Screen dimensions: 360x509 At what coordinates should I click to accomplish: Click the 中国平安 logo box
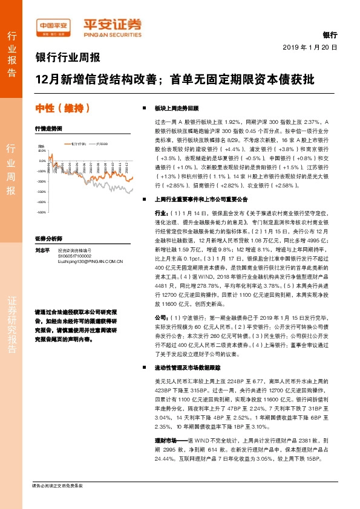pos(53,25)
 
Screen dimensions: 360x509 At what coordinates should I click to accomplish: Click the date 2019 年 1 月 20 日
pos(310,47)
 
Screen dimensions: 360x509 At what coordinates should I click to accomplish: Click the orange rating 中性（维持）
pos(63,109)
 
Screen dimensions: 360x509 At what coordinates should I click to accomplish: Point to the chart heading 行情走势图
pos(48,129)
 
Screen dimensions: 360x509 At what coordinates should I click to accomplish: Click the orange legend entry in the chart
pos(75,144)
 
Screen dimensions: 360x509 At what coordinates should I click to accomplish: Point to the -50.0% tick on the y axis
pos(41,212)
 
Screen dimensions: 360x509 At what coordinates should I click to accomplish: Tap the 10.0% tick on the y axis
pos(42,151)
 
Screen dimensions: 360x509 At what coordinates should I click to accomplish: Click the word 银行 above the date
pos(329,36)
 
